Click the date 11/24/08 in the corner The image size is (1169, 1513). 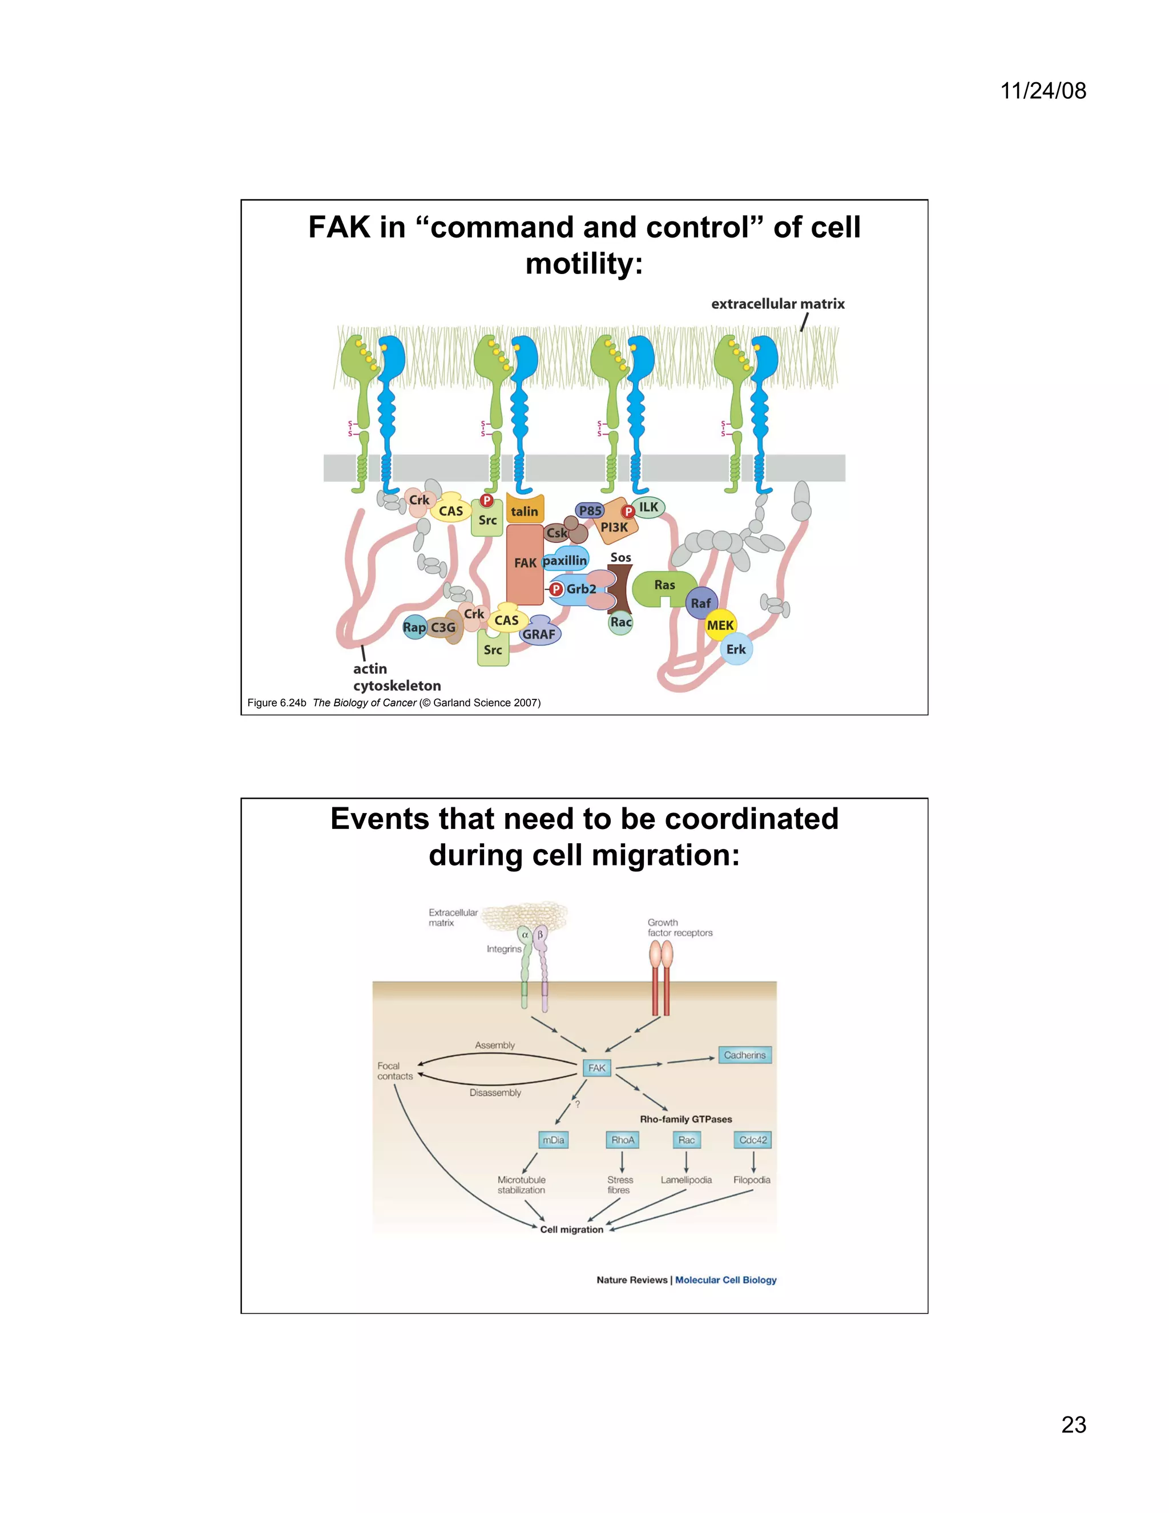[x=1043, y=91]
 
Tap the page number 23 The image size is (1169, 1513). [x=1074, y=1425]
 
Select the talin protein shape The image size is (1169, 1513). [x=524, y=510]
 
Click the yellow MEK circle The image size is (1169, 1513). [x=720, y=625]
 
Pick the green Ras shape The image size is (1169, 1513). [x=663, y=587]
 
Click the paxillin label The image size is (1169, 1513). [x=565, y=560]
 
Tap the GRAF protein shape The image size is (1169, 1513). [x=539, y=633]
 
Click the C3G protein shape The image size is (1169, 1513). [x=443, y=627]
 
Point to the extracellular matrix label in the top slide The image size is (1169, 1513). [x=778, y=303]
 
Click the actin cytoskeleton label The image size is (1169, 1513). [x=396, y=677]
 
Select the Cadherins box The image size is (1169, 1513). [x=744, y=1055]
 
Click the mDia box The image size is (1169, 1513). [x=553, y=1140]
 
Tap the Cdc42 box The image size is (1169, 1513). [x=753, y=1140]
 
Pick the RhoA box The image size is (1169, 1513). [x=622, y=1140]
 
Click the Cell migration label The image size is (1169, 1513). [x=571, y=1229]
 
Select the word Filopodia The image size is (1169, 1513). [x=751, y=1180]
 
